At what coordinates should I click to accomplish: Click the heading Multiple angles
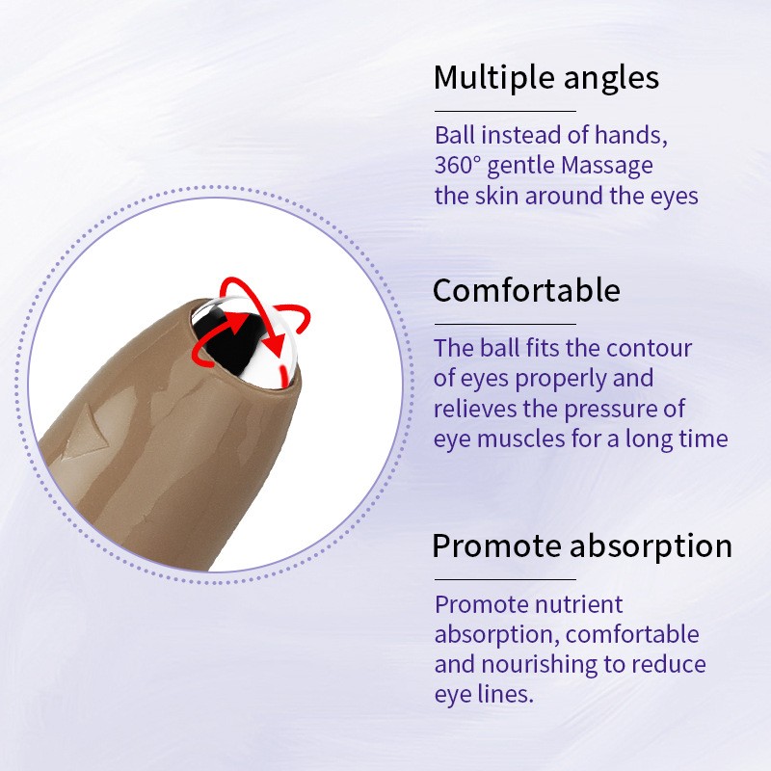(545, 77)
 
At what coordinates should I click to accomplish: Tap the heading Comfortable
(526, 290)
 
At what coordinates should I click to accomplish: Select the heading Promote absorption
(582, 545)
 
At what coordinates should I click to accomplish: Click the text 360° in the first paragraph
(458, 166)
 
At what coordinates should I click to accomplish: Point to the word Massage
(606, 166)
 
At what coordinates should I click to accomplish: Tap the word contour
(654, 348)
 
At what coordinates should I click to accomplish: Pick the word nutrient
(576, 604)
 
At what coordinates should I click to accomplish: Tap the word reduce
(670, 665)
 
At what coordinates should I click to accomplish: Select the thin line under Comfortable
(504, 324)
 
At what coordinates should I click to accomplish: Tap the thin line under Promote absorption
(504, 579)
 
